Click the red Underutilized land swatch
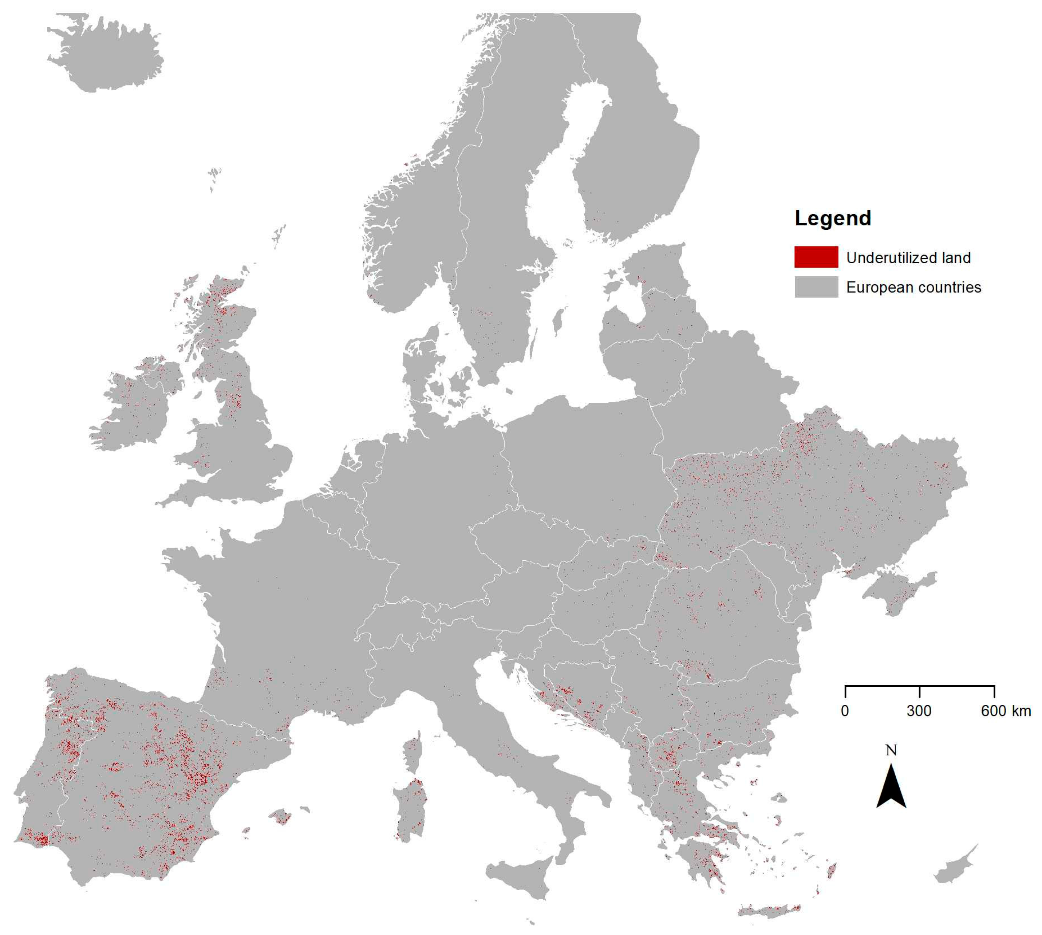(816, 257)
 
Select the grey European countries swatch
(816, 287)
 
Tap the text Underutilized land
(908, 257)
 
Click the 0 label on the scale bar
(845, 711)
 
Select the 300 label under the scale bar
(919, 711)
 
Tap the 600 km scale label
(1005, 711)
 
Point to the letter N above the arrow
(891, 750)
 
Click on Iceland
(105, 54)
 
